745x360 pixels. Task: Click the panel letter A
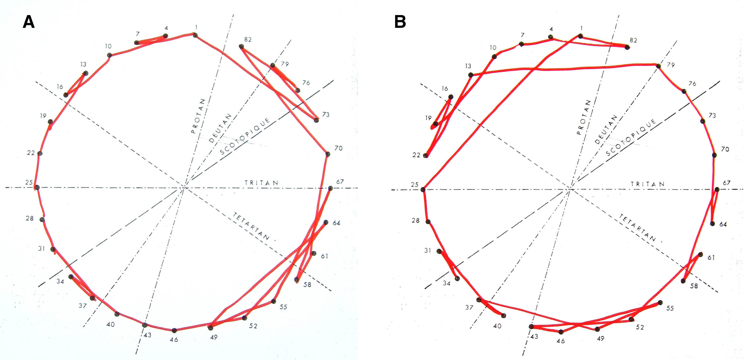[x=29, y=22]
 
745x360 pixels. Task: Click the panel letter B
[x=400, y=22]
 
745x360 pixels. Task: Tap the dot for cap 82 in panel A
[x=241, y=46]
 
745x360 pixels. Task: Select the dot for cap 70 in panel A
[x=328, y=154]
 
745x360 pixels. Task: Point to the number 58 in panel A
[x=307, y=284]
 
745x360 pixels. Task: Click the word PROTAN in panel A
[x=198, y=116]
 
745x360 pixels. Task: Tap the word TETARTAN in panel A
[x=251, y=226]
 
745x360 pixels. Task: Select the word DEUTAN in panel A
[x=220, y=128]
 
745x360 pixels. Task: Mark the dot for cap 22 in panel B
[x=425, y=155]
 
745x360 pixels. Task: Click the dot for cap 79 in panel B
[x=658, y=66]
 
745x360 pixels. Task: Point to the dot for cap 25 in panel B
[x=423, y=190]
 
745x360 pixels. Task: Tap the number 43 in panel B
[x=534, y=337]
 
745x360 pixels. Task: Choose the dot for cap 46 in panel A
[x=174, y=330]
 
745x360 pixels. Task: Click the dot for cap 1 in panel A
[x=195, y=35]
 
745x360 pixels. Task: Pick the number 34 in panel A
[x=60, y=281]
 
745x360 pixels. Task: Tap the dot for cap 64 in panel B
[x=713, y=223]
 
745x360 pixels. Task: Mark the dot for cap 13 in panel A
[x=85, y=73]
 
